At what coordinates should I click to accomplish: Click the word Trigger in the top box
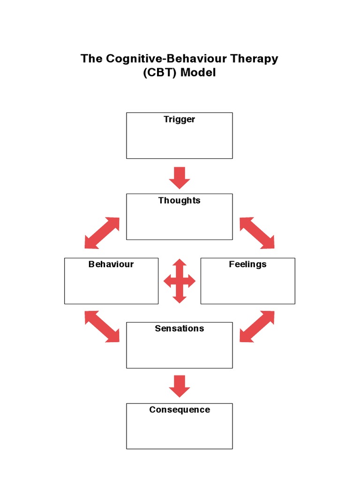click(x=179, y=120)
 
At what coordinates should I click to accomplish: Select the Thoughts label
click(x=179, y=201)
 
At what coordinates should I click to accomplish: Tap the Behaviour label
click(x=111, y=264)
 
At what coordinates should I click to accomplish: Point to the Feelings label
click(x=247, y=264)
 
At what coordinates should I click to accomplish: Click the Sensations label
click(x=179, y=329)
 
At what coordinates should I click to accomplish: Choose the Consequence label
click(x=179, y=410)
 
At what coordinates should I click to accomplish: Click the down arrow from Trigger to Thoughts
click(x=179, y=178)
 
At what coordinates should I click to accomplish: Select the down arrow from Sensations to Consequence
click(x=179, y=386)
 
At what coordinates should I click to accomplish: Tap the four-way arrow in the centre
click(x=179, y=281)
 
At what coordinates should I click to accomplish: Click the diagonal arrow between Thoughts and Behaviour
click(x=102, y=232)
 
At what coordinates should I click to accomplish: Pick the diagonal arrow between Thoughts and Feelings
click(x=257, y=232)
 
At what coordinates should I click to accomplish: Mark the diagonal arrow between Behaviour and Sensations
click(x=102, y=326)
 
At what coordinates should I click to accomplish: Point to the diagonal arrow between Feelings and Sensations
click(x=257, y=326)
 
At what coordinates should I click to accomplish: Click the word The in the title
click(x=91, y=59)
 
